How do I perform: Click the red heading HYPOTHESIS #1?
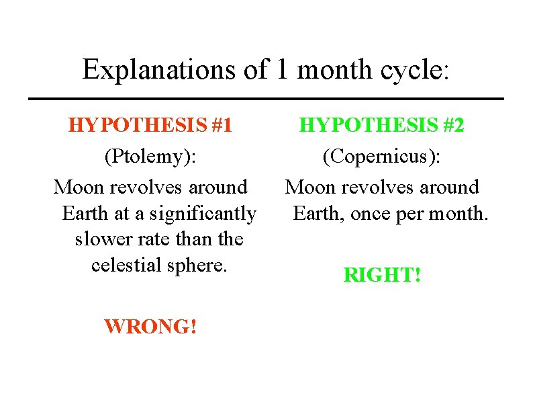[150, 125]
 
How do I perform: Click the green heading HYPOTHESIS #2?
[381, 125]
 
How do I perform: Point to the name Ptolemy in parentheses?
[150, 157]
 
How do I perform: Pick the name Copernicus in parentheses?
[381, 157]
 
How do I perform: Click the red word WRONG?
[150, 327]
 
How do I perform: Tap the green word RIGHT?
[381, 274]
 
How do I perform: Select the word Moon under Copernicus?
[308, 187]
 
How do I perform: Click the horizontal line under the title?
[266, 99]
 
